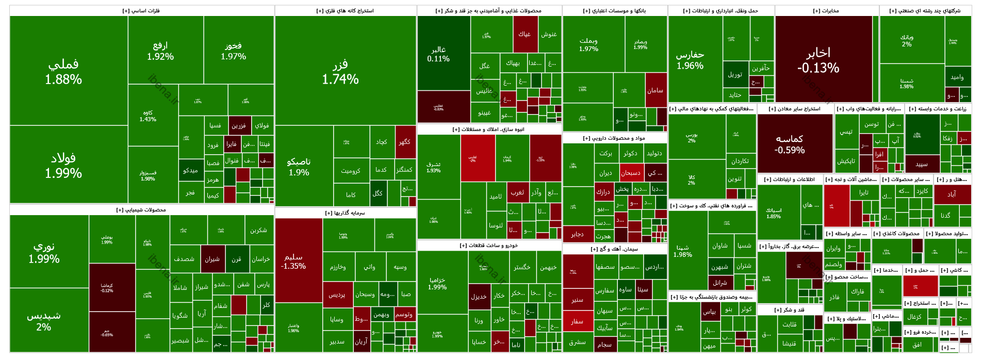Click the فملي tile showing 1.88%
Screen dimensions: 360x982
click(x=63, y=71)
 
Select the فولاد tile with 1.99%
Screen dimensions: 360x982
click(x=63, y=165)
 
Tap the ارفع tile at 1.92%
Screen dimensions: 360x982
click(x=160, y=51)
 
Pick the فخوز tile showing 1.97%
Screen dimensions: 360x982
click(x=233, y=51)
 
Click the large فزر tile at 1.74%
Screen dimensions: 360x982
click(x=340, y=72)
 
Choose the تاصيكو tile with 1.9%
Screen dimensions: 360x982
click(x=299, y=167)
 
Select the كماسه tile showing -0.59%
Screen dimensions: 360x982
click(x=790, y=144)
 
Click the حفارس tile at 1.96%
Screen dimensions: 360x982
click(x=690, y=60)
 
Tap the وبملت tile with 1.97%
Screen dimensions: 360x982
click(x=588, y=44)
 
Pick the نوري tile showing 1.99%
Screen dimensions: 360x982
click(x=44, y=252)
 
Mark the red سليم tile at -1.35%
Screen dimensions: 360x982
click(x=293, y=261)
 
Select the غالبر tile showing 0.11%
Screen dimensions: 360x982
click(x=438, y=54)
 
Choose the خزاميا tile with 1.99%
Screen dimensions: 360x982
click(x=437, y=283)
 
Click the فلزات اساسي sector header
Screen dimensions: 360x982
click(x=141, y=10)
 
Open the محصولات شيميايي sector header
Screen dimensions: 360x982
click(x=141, y=210)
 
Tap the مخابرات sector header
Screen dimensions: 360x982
click(x=826, y=10)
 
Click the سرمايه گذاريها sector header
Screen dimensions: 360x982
click(x=345, y=212)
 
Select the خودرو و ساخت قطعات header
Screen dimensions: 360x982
click(x=489, y=246)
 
